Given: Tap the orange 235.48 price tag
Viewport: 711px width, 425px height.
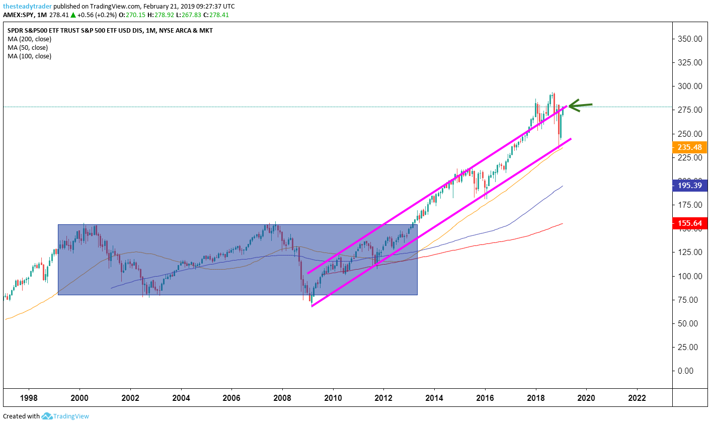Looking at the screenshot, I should tap(689, 147).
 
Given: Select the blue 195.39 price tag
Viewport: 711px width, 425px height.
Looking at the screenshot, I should tap(689, 186).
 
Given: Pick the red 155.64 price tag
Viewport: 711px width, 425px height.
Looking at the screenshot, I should tap(689, 223).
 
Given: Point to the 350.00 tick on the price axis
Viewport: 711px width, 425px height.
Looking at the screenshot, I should tap(690, 39).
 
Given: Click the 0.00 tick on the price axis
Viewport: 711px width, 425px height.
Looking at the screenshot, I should tap(685, 371).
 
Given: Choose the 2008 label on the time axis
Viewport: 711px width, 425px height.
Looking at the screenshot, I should tap(282, 398).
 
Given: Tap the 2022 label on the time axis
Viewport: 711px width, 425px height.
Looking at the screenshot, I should tap(637, 398).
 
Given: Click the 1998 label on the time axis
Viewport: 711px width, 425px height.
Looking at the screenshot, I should tap(29, 398).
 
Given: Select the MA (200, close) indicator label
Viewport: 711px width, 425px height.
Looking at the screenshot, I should tap(30, 39).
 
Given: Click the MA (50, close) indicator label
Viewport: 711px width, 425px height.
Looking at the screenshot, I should tap(28, 48).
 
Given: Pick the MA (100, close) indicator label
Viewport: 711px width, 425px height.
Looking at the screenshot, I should tap(30, 56).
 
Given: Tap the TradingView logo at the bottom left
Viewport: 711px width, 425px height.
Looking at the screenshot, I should tap(65, 416).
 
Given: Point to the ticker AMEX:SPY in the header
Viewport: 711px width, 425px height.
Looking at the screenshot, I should tap(19, 15).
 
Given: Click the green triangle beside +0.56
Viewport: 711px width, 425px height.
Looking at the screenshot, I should tap(73, 15).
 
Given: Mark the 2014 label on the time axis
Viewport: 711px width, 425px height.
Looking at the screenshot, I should tap(434, 398).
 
